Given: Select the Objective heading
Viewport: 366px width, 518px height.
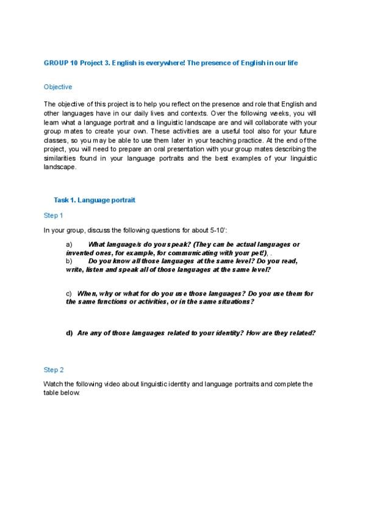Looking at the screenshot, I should (58, 87).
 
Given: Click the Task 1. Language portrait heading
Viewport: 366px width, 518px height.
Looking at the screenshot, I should (95, 200).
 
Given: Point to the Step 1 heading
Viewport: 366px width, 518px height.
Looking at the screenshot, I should (53, 215).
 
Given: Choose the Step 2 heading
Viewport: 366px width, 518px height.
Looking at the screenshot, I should (53, 370).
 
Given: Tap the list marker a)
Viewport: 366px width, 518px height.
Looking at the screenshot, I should (69, 244).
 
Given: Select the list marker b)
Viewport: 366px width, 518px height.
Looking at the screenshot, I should (69, 261).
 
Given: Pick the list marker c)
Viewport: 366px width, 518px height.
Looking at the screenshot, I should (69, 294).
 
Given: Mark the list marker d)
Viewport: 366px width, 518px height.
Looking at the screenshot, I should (69, 334).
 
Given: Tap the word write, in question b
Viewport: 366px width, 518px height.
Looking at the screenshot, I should (74, 269).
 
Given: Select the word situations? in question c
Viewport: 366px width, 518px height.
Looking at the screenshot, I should (235, 302).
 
